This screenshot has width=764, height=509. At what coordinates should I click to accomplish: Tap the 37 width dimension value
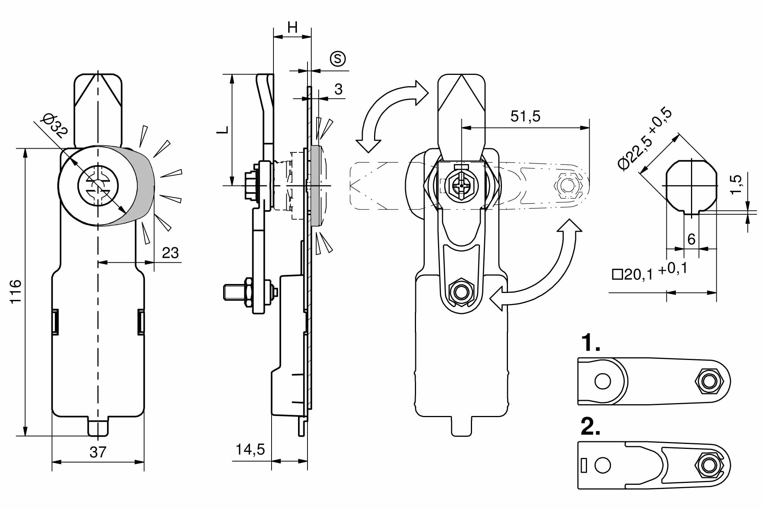point(98,452)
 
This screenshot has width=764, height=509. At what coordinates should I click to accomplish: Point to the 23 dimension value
point(170,253)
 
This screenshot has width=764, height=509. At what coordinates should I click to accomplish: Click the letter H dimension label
point(292,27)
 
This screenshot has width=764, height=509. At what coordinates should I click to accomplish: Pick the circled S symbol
point(338,59)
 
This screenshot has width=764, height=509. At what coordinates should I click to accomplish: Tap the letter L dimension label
point(223,129)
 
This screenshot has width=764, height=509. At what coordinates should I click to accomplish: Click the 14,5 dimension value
point(250,449)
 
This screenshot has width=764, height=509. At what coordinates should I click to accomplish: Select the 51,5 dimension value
point(525,116)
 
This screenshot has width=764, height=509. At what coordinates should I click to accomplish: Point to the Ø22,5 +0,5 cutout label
point(645,138)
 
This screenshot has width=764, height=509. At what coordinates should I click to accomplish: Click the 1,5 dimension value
point(736,185)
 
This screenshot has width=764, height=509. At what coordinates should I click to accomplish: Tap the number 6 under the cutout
point(691,239)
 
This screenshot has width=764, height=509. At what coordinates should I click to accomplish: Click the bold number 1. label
point(590,343)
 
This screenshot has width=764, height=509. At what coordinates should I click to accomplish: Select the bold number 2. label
point(590,427)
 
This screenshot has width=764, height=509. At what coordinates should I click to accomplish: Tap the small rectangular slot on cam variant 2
point(584,466)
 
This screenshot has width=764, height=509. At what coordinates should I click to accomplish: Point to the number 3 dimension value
point(338,89)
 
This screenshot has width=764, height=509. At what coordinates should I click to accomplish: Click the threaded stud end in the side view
point(228,292)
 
